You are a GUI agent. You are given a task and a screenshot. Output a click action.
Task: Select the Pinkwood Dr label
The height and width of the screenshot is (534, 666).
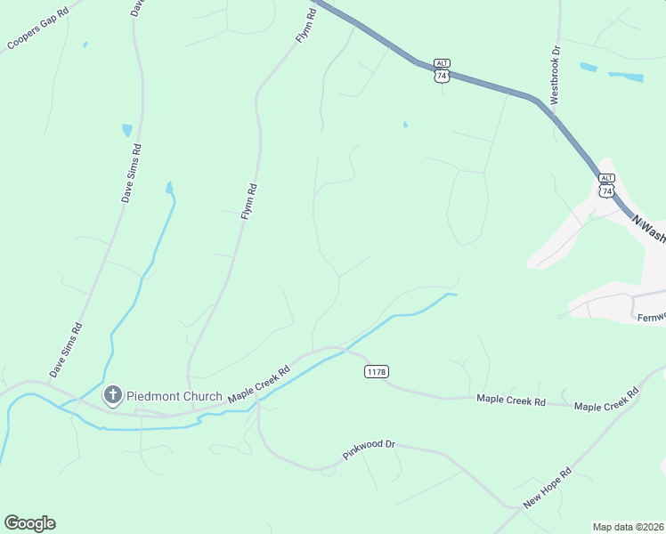368,449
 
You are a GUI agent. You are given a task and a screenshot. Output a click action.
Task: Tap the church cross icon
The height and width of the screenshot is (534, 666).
113,394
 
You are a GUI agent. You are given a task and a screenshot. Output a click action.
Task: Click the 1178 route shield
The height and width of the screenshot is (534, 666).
377,371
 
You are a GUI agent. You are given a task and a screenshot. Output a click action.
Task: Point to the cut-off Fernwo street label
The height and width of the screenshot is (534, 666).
650,315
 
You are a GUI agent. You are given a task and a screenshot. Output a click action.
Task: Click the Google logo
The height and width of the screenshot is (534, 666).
29,523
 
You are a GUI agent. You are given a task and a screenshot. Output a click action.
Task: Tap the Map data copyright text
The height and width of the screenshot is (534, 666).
629,526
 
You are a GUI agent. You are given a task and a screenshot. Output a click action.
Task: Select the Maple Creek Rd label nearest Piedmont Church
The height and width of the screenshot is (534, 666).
259,384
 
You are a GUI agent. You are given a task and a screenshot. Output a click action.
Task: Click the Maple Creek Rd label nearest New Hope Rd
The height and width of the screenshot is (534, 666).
607,400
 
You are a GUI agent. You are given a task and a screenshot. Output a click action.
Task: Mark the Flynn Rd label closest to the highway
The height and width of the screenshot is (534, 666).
305,25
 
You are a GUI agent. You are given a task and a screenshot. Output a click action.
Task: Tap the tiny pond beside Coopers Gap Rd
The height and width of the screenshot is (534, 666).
85,44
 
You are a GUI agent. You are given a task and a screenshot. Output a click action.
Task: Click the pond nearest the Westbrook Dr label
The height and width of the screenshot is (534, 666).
589,67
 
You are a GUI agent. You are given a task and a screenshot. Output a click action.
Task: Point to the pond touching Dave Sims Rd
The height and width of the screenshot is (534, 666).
127,130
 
